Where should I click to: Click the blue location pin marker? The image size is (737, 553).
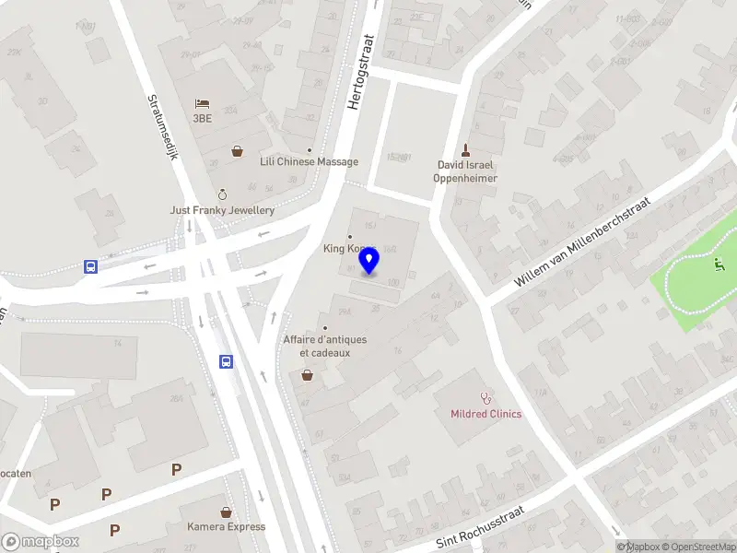[369, 262]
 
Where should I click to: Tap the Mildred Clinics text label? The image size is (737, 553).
[485, 414]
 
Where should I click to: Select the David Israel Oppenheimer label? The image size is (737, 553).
[466, 171]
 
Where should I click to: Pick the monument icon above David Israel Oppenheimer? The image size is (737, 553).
[466, 149]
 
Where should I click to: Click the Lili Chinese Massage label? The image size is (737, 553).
[309, 161]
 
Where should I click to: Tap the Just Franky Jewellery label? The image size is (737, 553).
[222, 210]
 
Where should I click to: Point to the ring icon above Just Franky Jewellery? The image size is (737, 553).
[221, 194]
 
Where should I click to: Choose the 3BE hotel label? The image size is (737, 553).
[203, 119]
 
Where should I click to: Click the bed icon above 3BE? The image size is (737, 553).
[202, 104]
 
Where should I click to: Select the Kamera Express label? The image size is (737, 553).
[226, 527]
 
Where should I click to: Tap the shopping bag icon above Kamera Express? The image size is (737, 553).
[226, 512]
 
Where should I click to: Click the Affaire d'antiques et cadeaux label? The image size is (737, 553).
[324, 346]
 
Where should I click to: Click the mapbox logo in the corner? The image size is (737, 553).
[41, 541]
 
